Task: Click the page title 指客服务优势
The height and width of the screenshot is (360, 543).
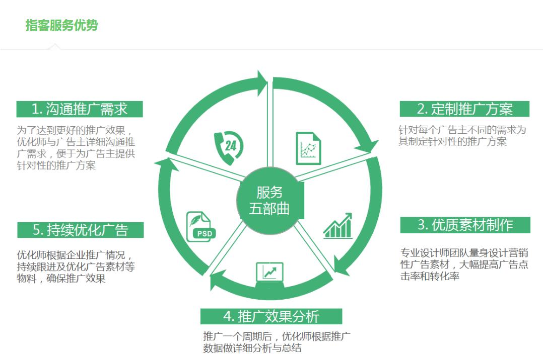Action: pos(61,25)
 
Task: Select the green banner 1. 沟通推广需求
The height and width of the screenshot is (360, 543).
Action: pos(79,109)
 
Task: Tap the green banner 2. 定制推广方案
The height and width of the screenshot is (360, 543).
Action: pos(464,109)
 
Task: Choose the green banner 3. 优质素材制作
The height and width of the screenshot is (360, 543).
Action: pos(465,225)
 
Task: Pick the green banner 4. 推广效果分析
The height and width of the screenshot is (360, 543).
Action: pos(271,316)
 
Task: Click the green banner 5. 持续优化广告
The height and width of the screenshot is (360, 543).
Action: pos(81,230)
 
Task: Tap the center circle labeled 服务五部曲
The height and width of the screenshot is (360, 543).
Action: pos(270,201)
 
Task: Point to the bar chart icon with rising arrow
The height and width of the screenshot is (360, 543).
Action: pos(338,226)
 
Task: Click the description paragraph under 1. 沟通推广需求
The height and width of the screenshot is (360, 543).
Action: pos(76,148)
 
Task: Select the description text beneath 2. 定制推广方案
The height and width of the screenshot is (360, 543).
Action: pos(462,136)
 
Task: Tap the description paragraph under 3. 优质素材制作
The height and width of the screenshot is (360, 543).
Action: pos(464,264)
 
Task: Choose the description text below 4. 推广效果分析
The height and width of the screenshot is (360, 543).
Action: pos(277,342)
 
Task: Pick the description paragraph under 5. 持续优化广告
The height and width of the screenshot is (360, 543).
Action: pos(76,266)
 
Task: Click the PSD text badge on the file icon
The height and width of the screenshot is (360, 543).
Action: pos(205,233)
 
